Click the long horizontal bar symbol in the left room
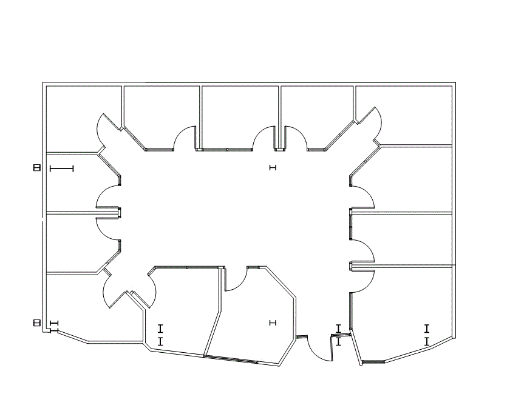click(61, 168)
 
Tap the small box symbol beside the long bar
click(36, 168)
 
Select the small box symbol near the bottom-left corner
click(36, 324)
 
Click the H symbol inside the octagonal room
click(272, 324)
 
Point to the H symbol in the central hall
click(272, 168)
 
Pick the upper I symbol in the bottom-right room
click(427, 329)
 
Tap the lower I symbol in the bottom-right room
click(427, 342)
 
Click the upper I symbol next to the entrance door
click(338, 329)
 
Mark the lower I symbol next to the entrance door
click(338, 342)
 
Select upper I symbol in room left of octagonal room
click(160, 329)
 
